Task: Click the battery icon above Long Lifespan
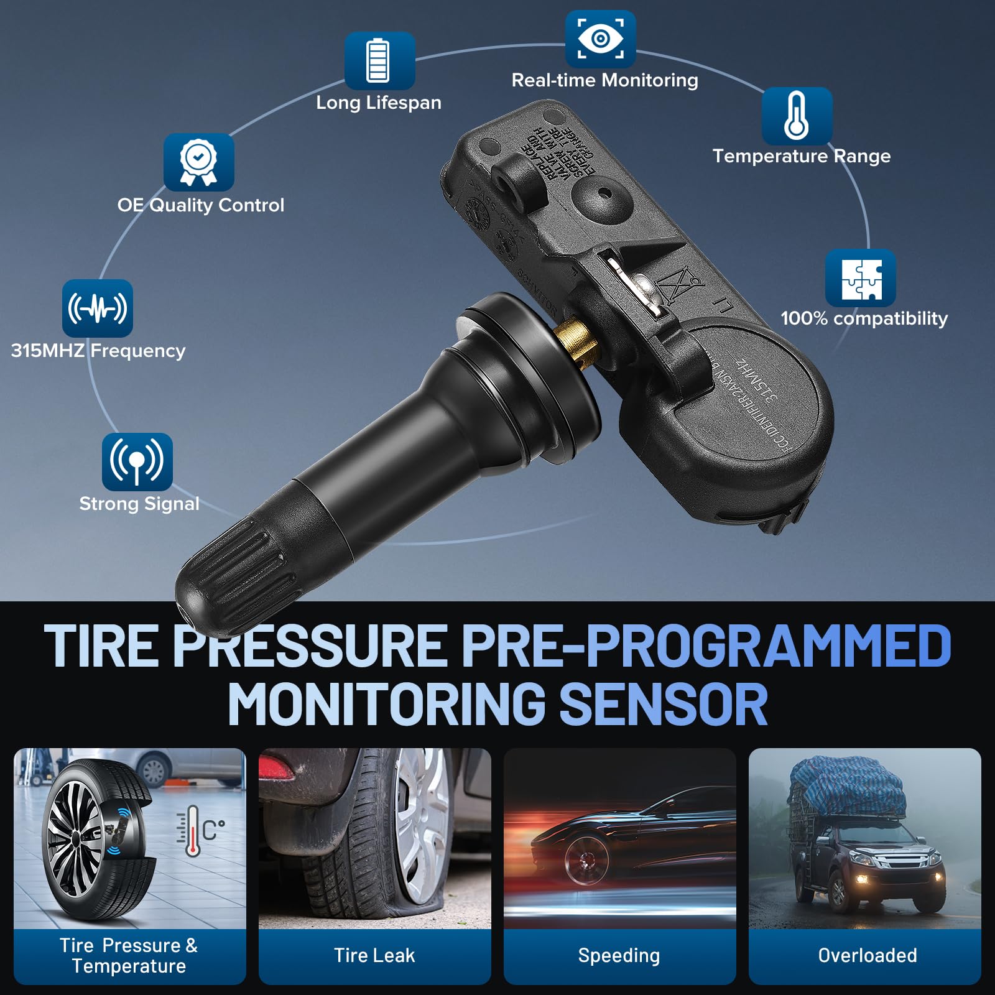[x=379, y=61]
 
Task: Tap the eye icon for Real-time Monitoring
[x=600, y=39]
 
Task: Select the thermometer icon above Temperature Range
[x=797, y=116]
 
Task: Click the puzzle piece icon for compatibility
[x=861, y=279]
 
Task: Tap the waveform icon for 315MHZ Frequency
[x=98, y=308]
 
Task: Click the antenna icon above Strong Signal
[x=137, y=461]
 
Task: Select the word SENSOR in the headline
[x=664, y=704]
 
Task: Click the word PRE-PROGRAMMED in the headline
[x=706, y=647]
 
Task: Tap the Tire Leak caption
[x=374, y=955]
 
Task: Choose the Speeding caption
[x=619, y=955]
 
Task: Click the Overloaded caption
[x=867, y=955]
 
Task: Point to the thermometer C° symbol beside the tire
[x=200, y=830]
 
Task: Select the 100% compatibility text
[x=864, y=318]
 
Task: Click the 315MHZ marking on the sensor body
[x=756, y=379]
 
